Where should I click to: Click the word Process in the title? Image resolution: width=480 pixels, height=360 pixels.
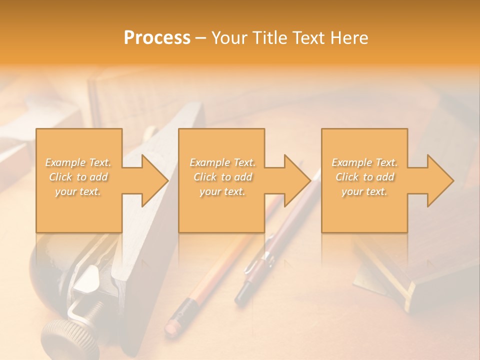pyautogui.click(x=157, y=38)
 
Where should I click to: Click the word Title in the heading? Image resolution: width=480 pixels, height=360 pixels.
pyautogui.click(x=270, y=38)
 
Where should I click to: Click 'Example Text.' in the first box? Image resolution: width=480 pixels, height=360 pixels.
pyautogui.click(x=78, y=162)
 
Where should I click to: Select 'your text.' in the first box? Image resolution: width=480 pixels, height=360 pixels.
pyautogui.click(x=78, y=191)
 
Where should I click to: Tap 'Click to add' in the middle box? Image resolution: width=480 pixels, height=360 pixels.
pyautogui.click(x=222, y=177)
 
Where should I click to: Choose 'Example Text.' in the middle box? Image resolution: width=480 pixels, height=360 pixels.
pyautogui.click(x=222, y=162)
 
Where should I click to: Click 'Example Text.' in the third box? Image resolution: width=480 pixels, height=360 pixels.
pyautogui.click(x=364, y=162)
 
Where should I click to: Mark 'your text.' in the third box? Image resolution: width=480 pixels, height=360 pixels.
pyautogui.click(x=364, y=191)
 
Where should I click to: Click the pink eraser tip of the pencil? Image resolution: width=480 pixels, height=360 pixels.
pyautogui.click(x=172, y=326)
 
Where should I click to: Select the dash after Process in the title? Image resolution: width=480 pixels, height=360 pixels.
pyautogui.click(x=201, y=38)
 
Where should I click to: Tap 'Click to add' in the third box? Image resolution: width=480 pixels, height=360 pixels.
pyautogui.click(x=364, y=177)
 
